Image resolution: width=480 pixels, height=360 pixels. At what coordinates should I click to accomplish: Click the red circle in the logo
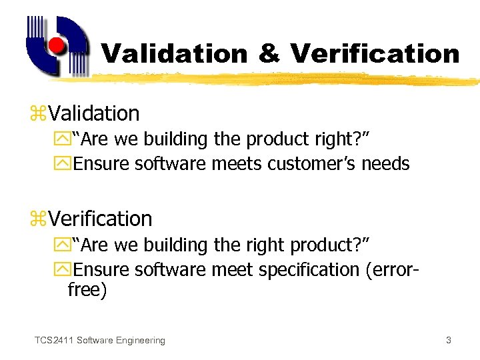coord(57,46)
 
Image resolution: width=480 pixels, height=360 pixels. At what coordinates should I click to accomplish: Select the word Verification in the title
coord(375,53)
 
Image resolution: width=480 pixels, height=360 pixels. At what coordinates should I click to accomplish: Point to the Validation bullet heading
coord(93,113)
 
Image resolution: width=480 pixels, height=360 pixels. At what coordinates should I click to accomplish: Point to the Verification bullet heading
coord(100,219)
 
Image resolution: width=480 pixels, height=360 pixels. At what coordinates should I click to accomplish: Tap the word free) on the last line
coord(87,291)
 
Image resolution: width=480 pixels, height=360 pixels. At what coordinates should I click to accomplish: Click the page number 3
coord(449,341)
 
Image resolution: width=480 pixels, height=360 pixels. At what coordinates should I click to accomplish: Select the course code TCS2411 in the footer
coord(54,341)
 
